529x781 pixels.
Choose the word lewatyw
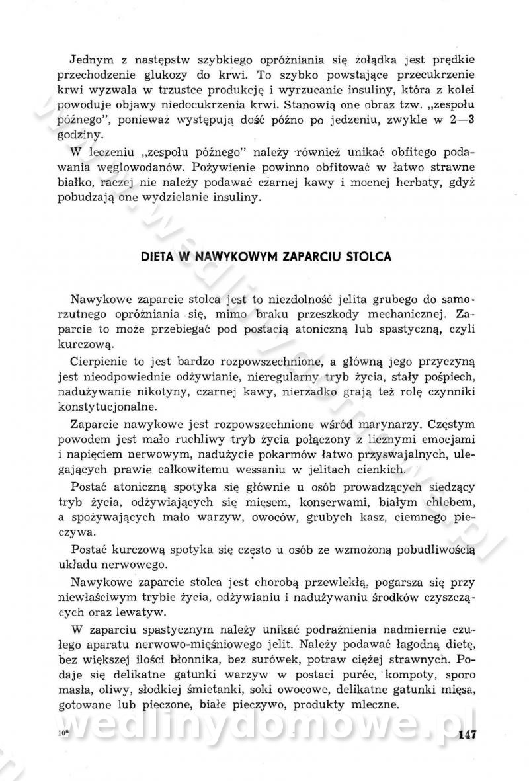pyautogui.click(x=145, y=613)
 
